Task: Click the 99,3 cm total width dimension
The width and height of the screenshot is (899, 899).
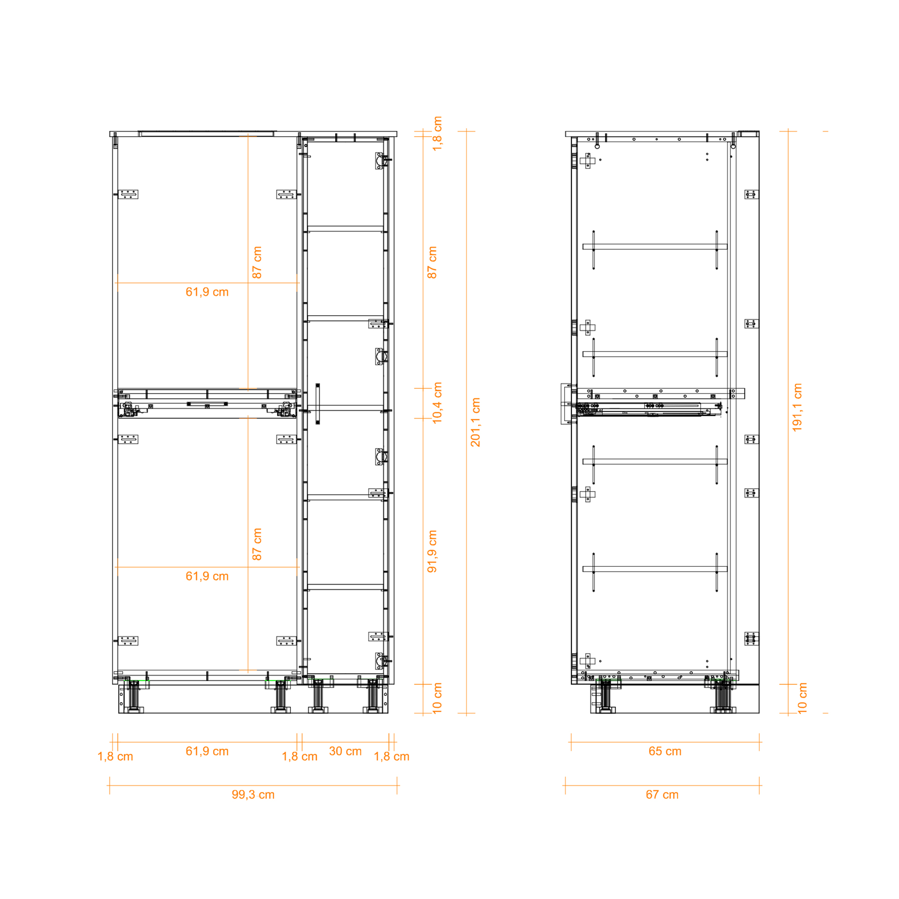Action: pyautogui.click(x=253, y=794)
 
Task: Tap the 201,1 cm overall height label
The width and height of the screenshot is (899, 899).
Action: pyautogui.click(x=475, y=422)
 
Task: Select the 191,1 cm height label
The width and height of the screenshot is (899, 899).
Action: pyautogui.click(x=797, y=408)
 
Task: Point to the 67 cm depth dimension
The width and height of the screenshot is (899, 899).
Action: pyautogui.click(x=662, y=794)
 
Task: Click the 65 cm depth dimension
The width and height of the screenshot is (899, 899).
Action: pyautogui.click(x=665, y=751)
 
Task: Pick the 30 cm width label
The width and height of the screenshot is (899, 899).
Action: pyautogui.click(x=345, y=751)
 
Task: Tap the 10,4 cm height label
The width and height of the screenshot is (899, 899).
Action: pyautogui.click(x=437, y=403)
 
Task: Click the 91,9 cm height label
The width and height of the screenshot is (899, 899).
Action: pyautogui.click(x=432, y=552)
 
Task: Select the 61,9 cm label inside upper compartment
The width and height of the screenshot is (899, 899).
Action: pyautogui.click(x=207, y=292)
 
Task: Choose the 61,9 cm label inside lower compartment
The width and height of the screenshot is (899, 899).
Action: pyautogui.click(x=207, y=576)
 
